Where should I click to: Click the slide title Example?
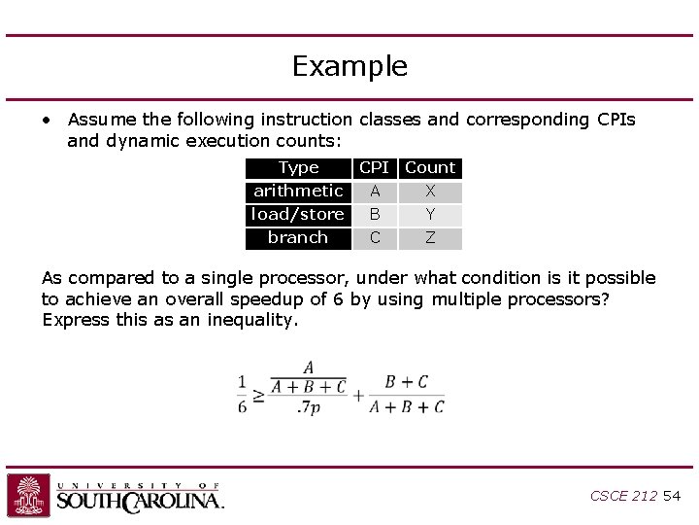pyautogui.click(x=349, y=66)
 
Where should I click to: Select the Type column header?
pyautogui.click(x=298, y=168)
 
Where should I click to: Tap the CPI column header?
pyautogui.click(x=374, y=168)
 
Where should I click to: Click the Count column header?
pyautogui.click(x=430, y=168)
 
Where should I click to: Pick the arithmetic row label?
pyautogui.click(x=298, y=192)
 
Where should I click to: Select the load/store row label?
pyautogui.click(x=298, y=215)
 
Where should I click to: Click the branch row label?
pyautogui.click(x=298, y=238)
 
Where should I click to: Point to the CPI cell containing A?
pyautogui.click(x=375, y=192)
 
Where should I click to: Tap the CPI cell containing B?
pyautogui.click(x=375, y=215)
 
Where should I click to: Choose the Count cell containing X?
pyautogui.click(x=430, y=192)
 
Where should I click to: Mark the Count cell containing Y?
pyautogui.click(x=430, y=215)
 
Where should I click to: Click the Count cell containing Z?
pyautogui.click(x=430, y=238)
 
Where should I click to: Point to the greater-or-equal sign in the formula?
pyautogui.click(x=258, y=396)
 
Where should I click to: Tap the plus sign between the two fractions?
pyautogui.click(x=358, y=395)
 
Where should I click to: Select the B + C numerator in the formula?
pyautogui.click(x=407, y=382)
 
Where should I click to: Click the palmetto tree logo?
pyautogui.click(x=28, y=496)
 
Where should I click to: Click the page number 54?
pyautogui.click(x=672, y=496)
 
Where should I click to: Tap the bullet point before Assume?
pyautogui.click(x=47, y=121)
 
